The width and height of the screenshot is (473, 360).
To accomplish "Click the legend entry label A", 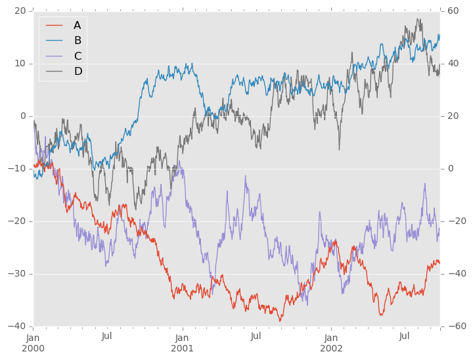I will coord(77,26).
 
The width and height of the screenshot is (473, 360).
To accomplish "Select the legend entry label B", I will coord(77,41).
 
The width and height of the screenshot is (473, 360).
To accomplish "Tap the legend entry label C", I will coord(78,56).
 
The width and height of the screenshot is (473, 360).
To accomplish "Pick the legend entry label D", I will coord(78,71).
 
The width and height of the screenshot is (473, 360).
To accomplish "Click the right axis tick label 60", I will coord(454,11).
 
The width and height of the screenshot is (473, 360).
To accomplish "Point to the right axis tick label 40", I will coord(454,64).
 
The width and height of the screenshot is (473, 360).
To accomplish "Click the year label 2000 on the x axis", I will coord(33,348).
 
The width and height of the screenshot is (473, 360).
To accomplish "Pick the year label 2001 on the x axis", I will coord(182,348).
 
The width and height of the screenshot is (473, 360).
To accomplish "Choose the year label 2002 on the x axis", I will coord(331,348).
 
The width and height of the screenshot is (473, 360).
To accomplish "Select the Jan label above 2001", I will coord(182,336).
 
